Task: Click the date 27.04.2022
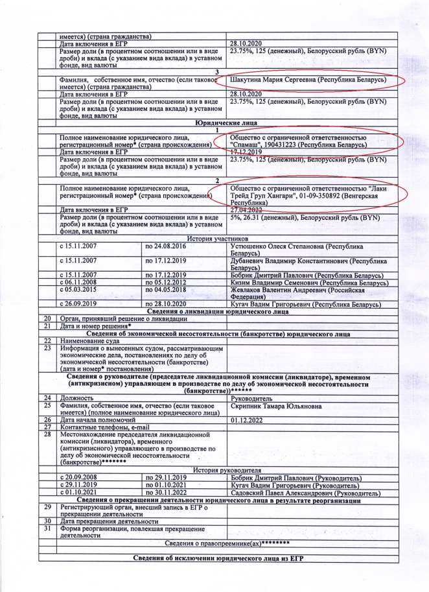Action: (x=249, y=210)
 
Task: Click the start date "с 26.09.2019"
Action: (x=78, y=303)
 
